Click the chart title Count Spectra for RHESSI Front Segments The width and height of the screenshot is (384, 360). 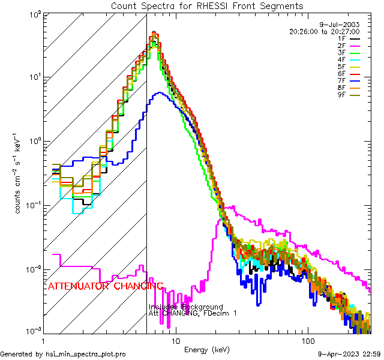click(207, 6)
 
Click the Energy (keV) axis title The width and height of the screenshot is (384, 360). click(207, 349)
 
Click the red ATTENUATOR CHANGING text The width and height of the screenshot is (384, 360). click(105, 286)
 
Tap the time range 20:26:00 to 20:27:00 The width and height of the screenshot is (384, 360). click(324, 31)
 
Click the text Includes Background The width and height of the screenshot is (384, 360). click(186, 307)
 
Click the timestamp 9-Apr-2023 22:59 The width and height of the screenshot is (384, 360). click(349, 354)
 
